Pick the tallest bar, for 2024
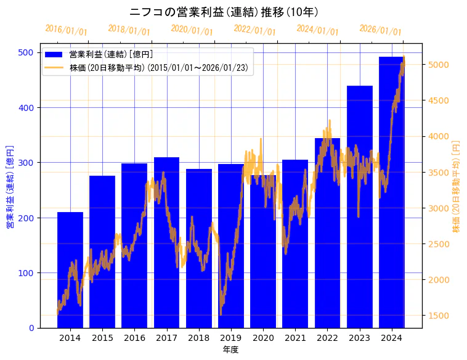tap(392, 192)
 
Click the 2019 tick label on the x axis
tap(231, 338)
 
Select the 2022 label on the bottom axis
tap(327, 338)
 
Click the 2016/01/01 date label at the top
tap(66, 30)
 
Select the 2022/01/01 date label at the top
tap(254, 30)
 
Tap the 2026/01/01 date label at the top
tap(380, 30)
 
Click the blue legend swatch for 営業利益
tap(54, 55)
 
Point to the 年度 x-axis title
tap(230, 350)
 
